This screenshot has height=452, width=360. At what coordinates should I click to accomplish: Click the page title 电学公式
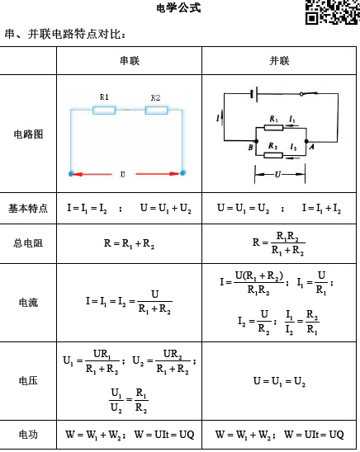pos(178,7)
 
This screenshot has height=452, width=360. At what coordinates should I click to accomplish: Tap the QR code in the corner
pos(333,12)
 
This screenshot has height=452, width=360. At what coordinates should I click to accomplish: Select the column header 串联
pos(130,61)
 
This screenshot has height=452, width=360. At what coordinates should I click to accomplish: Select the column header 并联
pos(279,61)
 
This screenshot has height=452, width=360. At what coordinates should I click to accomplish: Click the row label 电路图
pos(28,134)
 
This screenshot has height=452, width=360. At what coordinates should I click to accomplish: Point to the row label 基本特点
pos(28,208)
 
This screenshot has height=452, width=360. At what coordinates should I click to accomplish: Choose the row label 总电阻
pos(28,243)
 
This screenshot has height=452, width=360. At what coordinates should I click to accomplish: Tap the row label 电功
pos(28,435)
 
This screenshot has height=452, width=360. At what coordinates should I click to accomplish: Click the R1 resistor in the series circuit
pos(104,111)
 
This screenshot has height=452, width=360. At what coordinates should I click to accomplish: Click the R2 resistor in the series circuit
pos(156,111)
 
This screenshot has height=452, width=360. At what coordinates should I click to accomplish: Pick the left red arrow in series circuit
pos(92,174)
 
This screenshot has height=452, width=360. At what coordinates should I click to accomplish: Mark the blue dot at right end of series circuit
pos(182,173)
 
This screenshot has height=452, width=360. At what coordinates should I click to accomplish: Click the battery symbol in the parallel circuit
pos(254,94)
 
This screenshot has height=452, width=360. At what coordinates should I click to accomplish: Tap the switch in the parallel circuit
pos(309,94)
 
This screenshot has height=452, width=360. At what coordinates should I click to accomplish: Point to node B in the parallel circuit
pos(256,141)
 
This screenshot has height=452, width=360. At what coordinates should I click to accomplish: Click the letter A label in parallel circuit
pos(312,147)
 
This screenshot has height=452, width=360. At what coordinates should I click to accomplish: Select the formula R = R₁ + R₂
pos(129,243)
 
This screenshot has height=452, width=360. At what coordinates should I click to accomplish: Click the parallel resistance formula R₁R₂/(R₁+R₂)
pos(279,243)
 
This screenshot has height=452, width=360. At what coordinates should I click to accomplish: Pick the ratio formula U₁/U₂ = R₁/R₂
pos(129,400)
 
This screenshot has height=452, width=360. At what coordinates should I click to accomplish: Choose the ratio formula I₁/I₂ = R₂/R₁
pos(302,321)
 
